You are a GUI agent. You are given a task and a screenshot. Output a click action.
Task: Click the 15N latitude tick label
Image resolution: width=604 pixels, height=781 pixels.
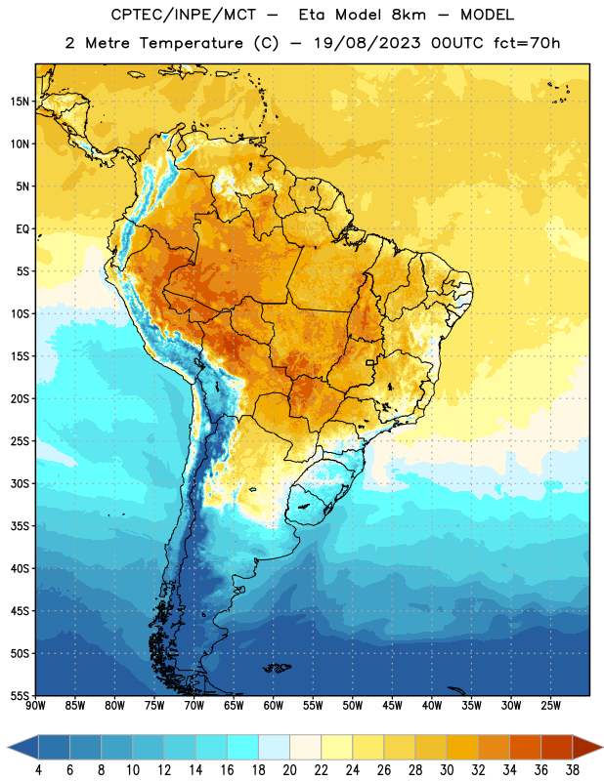[20, 102]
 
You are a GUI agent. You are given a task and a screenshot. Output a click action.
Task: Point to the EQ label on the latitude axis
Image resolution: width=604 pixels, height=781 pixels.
[22, 229]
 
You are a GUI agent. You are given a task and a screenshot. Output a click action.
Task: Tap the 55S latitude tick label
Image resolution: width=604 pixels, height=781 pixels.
[20, 695]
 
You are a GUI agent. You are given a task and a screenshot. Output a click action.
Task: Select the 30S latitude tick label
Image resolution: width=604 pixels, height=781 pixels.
[20, 483]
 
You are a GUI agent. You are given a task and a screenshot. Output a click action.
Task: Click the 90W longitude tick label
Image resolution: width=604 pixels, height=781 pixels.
[35, 706]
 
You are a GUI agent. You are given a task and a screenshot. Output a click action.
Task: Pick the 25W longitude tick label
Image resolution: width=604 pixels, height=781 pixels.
[550, 706]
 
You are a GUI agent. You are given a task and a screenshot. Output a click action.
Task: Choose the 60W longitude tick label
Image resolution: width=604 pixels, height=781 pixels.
[274, 706]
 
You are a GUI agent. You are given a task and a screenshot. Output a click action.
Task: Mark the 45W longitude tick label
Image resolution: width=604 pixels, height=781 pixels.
[392, 706]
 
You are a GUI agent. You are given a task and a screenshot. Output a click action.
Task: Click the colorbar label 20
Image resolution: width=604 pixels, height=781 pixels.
[289, 770]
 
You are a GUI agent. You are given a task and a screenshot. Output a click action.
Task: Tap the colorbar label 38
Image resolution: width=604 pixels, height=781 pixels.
[573, 770]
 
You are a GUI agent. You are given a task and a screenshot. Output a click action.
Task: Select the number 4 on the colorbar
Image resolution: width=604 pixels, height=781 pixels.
[38, 770]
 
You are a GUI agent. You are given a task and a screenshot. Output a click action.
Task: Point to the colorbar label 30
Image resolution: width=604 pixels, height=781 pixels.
[447, 770]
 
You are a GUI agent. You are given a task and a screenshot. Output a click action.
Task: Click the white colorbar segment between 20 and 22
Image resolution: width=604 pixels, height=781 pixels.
[305, 748]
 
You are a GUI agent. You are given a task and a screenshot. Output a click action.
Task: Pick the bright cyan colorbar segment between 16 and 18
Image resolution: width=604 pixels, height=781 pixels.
[242, 748]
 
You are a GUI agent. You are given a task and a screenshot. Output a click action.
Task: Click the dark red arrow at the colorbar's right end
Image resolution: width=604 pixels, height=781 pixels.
[587, 748]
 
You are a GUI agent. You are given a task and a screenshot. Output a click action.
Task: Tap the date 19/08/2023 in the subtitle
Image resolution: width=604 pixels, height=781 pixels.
[367, 43]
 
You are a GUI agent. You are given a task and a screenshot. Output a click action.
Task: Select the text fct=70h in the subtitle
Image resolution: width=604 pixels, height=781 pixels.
[527, 43]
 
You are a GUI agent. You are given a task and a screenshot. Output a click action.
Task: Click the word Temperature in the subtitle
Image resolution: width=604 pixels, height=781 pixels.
[191, 43]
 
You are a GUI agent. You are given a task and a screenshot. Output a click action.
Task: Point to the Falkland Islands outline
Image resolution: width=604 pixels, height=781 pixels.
[277, 668]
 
